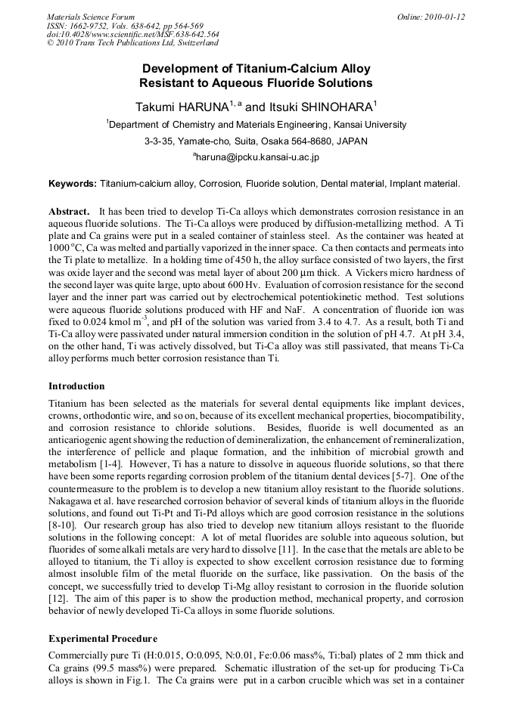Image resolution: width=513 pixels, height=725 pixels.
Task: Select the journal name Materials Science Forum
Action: coord(91,17)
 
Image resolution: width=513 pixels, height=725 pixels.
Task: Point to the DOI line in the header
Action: coord(133,34)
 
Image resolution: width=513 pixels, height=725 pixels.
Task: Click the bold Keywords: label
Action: coord(73,184)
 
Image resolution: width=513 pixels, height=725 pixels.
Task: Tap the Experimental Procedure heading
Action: coord(104,639)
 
